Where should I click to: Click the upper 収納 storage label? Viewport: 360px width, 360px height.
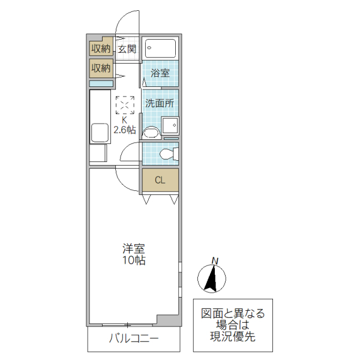(x=101, y=49)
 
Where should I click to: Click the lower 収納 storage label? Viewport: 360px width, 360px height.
(x=101, y=68)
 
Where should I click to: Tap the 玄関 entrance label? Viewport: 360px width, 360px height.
(x=127, y=49)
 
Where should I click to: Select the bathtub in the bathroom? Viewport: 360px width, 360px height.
(x=161, y=48)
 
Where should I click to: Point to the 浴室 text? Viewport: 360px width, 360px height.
(x=160, y=73)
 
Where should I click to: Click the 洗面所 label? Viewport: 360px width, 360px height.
(x=160, y=103)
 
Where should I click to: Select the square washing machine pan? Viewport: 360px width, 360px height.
(x=170, y=127)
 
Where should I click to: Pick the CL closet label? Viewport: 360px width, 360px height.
(x=160, y=180)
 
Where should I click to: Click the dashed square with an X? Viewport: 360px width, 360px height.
(x=125, y=105)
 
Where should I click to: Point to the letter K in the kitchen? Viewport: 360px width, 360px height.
(x=125, y=119)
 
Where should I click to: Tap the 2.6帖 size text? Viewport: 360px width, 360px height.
(x=125, y=129)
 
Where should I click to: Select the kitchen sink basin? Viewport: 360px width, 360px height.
(x=99, y=132)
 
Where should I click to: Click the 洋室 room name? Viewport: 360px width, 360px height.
(x=134, y=248)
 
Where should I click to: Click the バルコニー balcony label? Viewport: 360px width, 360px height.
(x=133, y=339)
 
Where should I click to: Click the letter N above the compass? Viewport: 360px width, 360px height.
(x=215, y=260)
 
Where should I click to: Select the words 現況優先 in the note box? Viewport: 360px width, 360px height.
(x=233, y=336)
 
